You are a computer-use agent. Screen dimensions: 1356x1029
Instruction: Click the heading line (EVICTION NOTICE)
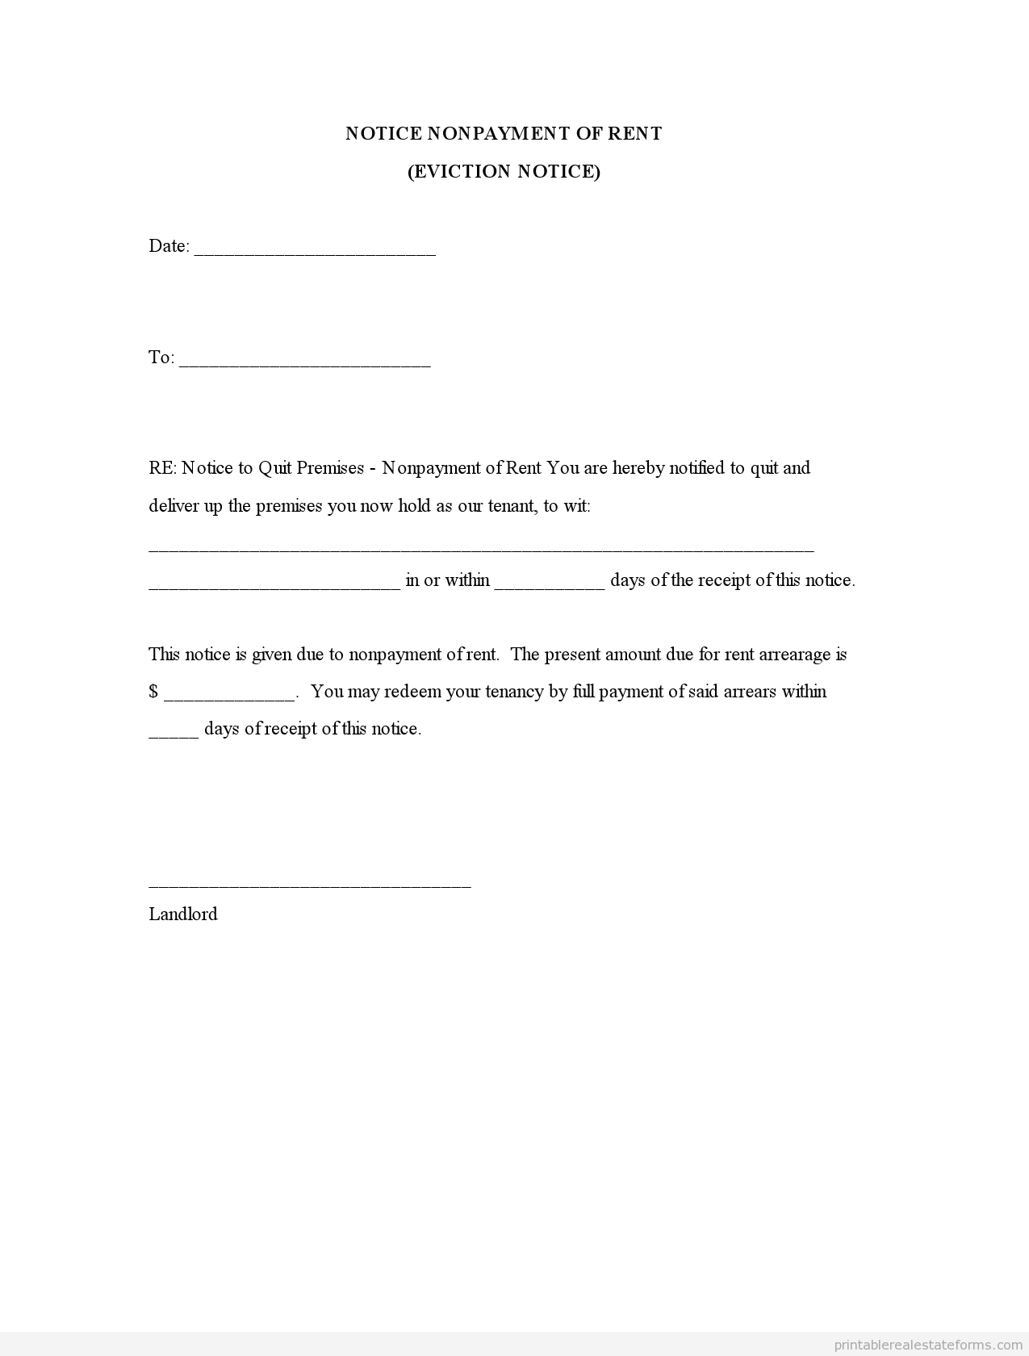pyautogui.click(x=504, y=171)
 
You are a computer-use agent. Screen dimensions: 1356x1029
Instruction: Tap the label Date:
pyautogui.click(x=169, y=246)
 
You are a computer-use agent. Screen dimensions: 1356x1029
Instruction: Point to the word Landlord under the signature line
pyautogui.click(x=183, y=914)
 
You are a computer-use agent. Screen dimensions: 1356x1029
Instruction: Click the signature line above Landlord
pyautogui.click(x=310, y=885)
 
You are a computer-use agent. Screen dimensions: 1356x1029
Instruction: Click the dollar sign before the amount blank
pyautogui.click(x=153, y=692)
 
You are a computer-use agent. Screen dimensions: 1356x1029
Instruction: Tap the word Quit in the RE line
pyautogui.click(x=275, y=468)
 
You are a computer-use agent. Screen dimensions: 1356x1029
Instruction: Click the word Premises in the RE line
pyautogui.click(x=330, y=468)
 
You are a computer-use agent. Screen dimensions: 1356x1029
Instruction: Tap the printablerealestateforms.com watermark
pyautogui.click(x=927, y=1345)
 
